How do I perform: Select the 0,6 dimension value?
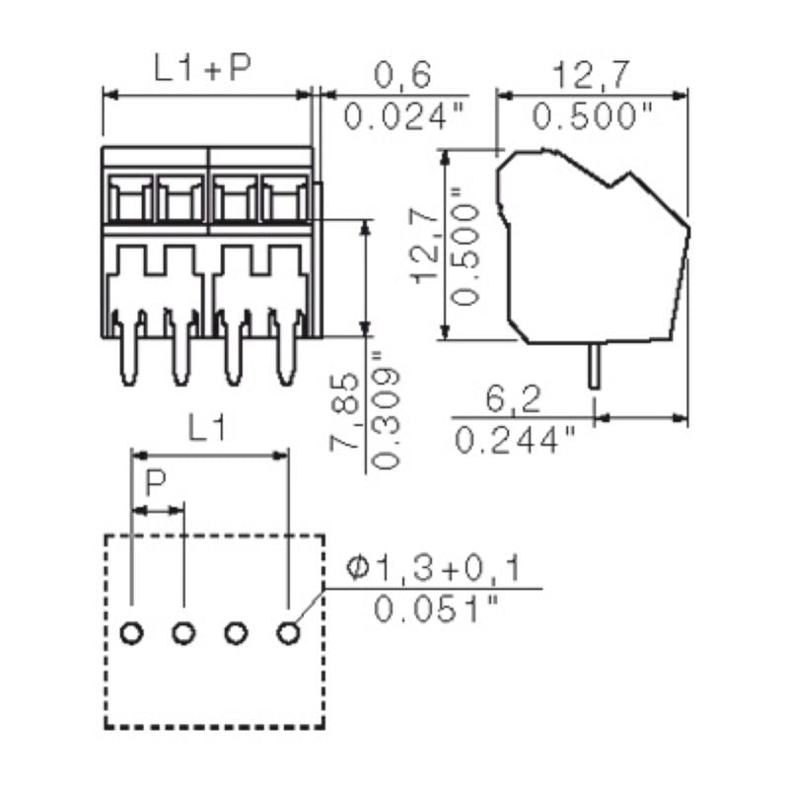point(403,75)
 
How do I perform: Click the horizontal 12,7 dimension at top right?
point(593,75)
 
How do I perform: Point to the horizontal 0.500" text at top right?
point(593,116)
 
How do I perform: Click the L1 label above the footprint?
point(209,428)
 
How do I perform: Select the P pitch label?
point(156,484)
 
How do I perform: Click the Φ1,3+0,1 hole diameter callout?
point(434,568)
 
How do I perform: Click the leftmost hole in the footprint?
point(131,633)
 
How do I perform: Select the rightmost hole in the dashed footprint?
point(287,633)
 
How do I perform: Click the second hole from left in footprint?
point(182,633)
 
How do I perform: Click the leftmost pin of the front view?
point(129,355)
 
